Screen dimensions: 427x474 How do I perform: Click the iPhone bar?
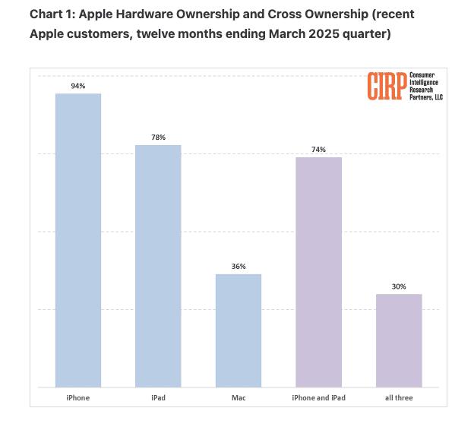pos(78,240)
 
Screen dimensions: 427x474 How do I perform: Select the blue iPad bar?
pos(158,266)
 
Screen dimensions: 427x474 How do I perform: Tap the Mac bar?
pos(239,331)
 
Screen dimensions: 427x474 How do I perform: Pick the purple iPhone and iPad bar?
pos(318,272)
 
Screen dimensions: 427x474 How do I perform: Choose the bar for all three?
pos(399,340)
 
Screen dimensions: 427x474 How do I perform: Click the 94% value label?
pos(78,86)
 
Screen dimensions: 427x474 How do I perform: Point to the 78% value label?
pos(158,138)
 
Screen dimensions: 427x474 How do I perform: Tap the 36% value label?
pos(239,267)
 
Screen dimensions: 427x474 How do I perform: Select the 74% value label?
pos(318,150)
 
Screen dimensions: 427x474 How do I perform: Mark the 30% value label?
pos(399,286)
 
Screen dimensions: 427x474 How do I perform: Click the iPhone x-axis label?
pos(78,397)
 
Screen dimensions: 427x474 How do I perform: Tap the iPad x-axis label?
pos(158,397)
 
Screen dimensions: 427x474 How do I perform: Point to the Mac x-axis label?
pos(239,397)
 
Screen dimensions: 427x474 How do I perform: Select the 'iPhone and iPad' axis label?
pos(318,397)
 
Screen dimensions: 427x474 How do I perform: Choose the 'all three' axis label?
pos(399,397)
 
